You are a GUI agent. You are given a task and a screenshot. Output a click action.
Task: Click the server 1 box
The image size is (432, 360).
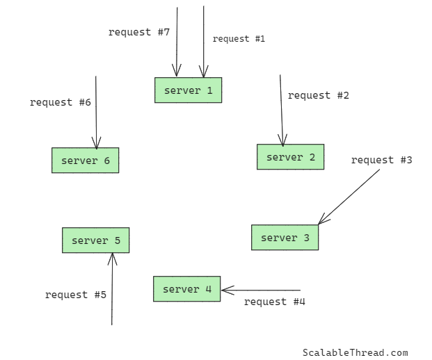click(188, 90)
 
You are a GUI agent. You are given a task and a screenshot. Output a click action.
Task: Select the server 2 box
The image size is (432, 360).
click(290, 157)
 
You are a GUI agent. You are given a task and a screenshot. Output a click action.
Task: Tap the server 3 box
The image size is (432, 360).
click(285, 238)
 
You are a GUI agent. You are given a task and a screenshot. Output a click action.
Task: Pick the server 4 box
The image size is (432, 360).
click(186, 289)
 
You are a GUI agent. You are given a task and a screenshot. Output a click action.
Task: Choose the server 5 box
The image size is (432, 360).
click(95, 240)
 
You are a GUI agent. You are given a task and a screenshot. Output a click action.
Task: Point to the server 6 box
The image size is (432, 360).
click(85, 161)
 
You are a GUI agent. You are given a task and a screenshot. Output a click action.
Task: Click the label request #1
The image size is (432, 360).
click(239, 39)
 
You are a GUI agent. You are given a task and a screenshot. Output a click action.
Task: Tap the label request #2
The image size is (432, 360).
click(318, 95)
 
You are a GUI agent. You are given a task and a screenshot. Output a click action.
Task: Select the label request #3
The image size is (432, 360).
click(381, 160)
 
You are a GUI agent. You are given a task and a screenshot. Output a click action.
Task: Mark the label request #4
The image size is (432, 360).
click(274, 302)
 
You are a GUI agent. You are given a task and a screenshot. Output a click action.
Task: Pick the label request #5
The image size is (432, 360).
click(75, 295)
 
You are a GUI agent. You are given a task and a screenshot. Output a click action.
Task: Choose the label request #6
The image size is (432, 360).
click(60, 102)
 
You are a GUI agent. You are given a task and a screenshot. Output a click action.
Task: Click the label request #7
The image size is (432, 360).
click(138, 32)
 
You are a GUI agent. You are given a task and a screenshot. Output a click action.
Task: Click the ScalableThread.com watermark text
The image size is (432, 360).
click(355, 353)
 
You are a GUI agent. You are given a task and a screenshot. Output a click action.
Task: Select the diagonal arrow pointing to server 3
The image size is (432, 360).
click(349, 197)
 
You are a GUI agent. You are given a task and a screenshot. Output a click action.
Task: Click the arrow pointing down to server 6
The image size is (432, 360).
click(96, 111)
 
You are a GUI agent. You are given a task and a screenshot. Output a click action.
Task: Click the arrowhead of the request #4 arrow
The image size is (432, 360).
click(226, 290)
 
